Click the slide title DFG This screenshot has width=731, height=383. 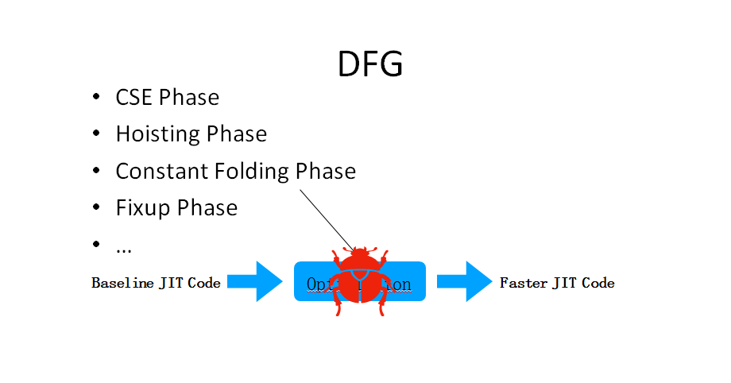click(x=370, y=64)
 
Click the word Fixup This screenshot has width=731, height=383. click(x=143, y=208)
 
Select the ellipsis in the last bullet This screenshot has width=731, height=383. click(x=123, y=249)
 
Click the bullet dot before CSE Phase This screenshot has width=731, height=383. click(x=96, y=98)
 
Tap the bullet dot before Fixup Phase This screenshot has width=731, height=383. click(x=96, y=208)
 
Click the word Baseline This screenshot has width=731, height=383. click(x=122, y=283)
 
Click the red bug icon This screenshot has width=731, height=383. click(x=360, y=280)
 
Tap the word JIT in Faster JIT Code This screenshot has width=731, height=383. click(x=563, y=283)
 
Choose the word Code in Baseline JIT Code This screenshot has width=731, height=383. click(x=204, y=283)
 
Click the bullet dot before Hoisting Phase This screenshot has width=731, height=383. click(x=96, y=134)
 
